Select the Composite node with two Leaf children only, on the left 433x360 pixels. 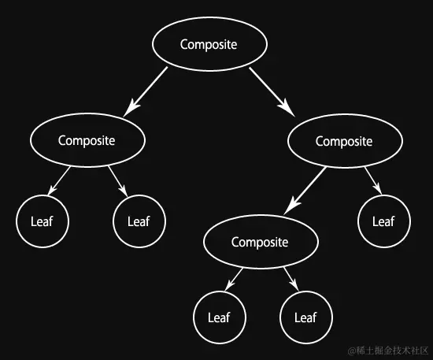(x=87, y=140)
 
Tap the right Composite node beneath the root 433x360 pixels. (x=344, y=141)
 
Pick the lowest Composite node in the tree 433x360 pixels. (x=260, y=242)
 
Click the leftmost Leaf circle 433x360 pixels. (x=43, y=221)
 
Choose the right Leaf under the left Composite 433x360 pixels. (x=139, y=221)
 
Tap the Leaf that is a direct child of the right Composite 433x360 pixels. (x=383, y=221)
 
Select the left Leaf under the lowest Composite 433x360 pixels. (x=219, y=317)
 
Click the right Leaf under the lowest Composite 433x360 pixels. (x=305, y=317)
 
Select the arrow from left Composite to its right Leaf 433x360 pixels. (x=119, y=181)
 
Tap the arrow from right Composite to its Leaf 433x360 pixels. (x=373, y=180)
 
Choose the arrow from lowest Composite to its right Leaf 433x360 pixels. (x=291, y=277)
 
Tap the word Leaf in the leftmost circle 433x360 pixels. (x=43, y=221)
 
